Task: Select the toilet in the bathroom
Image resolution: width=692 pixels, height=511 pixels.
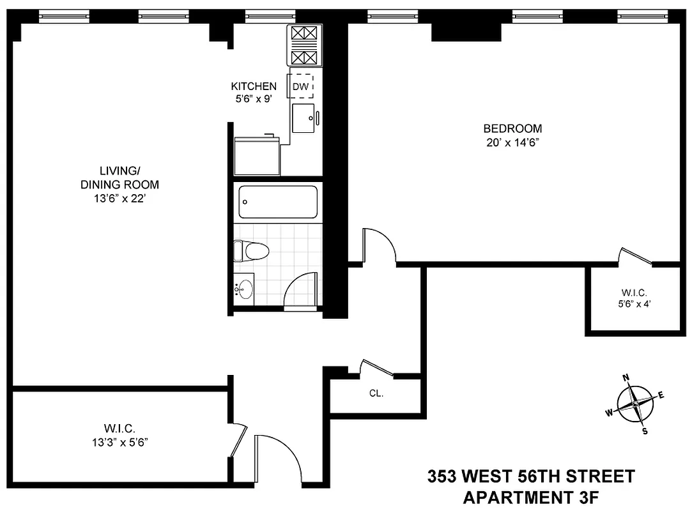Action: tap(250, 250)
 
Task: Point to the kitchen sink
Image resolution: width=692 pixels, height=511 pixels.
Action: tap(304, 118)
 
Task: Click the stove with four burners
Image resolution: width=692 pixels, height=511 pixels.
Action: tap(304, 45)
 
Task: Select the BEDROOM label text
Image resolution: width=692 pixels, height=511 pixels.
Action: tap(512, 128)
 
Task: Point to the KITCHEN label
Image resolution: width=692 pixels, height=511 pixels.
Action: tap(254, 86)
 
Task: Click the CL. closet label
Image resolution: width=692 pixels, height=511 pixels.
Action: tap(376, 394)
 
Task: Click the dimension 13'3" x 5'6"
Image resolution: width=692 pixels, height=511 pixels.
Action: tap(120, 441)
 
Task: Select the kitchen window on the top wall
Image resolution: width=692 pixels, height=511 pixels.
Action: tap(270, 17)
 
